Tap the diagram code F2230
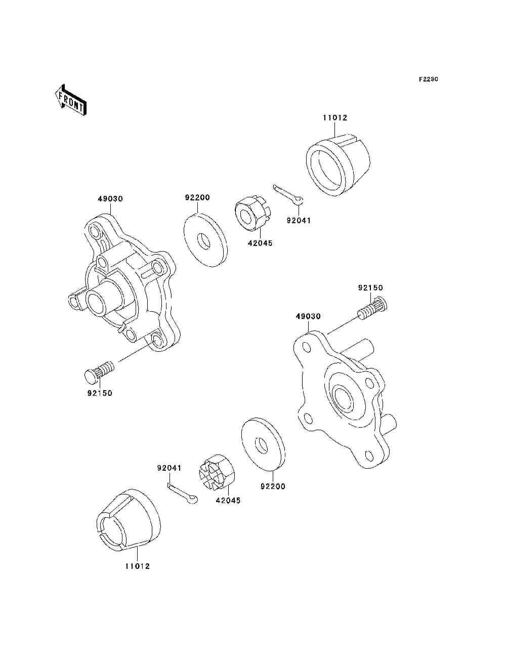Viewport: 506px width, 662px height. click(x=428, y=79)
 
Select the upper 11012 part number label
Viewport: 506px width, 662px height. click(x=335, y=118)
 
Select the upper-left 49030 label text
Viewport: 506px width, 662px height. click(x=110, y=199)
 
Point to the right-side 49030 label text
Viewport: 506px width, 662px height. click(x=308, y=316)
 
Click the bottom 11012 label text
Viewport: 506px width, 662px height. click(x=138, y=566)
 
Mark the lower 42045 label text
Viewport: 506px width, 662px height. click(x=228, y=501)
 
